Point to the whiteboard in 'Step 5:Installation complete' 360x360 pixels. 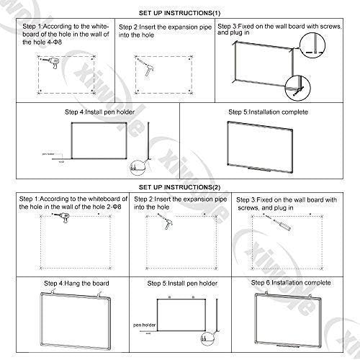[267, 143]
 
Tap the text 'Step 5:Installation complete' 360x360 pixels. [268, 112]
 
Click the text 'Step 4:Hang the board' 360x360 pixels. [72, 283]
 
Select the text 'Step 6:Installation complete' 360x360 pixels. [288, 283]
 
